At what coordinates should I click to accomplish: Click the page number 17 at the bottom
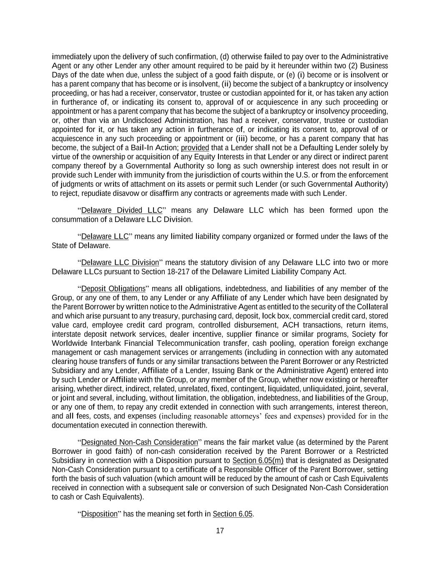pos(220,531)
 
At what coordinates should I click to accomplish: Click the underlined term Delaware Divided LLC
pos(121,210)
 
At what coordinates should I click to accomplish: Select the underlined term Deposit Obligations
pos(113,289)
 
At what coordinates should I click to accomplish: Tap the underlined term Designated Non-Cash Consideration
pos(139,442)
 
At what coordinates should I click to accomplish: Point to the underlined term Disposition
pos(99,514)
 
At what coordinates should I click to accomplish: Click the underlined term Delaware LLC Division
pos(120,263)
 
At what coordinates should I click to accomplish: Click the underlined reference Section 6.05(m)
pos(258,461)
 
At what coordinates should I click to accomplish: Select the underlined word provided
pos(195,148)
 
